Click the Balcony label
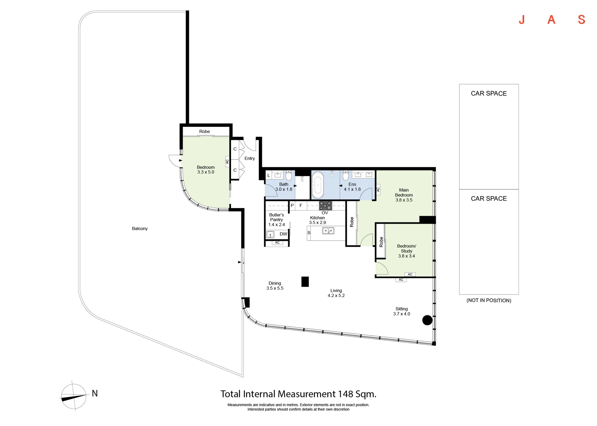pyautogui.click(x=140, y=229)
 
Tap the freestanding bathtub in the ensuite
pyautogui.click(x=318, y=185)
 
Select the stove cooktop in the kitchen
pyautogui.click(x=325, y=206)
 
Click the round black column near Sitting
pyautogui.click(x=427, y=320)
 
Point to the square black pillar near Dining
pyautogui.click(x=305, y=282)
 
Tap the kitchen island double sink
pyautogui.click(x=328, y=231)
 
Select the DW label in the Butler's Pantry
pyautogui.click(x=283, y=234)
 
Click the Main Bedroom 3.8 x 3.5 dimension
pyautogui.click(x=404, y=200)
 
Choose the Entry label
pyautogui.click(x=250, y=158)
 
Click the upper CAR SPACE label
pyautogui.click(x=489, y=94)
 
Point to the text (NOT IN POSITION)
pyautogui.click(x=489, y=300)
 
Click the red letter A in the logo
pyautogui.click(x=551, y=20)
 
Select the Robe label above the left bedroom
pyautogui.click(x=204, y=131)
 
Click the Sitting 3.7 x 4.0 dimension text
pyautogui.click(x=401, y=314)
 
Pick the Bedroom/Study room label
pyautogui.click(x=407, y=248)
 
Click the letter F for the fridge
pyautogui.click(x=301, y=205)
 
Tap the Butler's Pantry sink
pyautogui.click(x=270, y=234)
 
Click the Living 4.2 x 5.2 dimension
pyautogui.click(x=336, y=295)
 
